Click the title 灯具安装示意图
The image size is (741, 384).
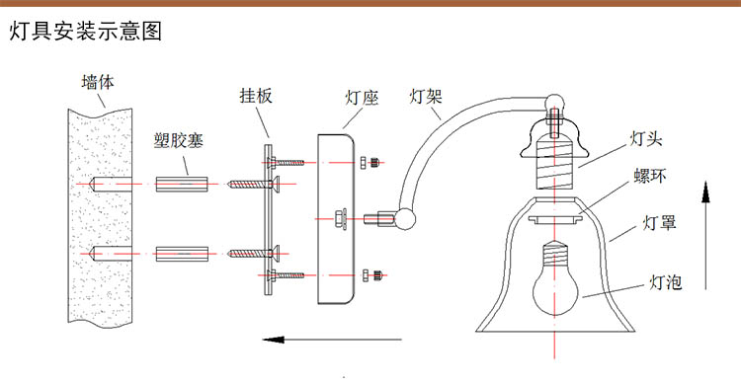coord(86,32)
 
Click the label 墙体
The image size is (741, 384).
coord(98,82)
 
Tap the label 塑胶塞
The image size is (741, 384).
coord(178,140)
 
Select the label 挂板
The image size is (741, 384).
coord(256,96)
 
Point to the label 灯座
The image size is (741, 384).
coord(362,98)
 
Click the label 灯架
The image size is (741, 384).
coord(425,97)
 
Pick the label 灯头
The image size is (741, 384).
coord(646,139)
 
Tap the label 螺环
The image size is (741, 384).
coord(650,176)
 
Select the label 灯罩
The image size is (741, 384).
coord(659,222)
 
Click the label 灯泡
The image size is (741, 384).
coord(665,282)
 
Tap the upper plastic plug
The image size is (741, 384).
coord(182,184)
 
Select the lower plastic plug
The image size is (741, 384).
coord(182,254)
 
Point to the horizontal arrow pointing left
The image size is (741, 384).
coord(332,340)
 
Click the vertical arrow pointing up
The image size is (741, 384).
coord(705,235)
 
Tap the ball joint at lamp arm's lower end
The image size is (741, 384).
coord(405,219)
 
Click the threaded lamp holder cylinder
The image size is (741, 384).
coord(555,162)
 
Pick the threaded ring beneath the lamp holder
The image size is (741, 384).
coord(555,219)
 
